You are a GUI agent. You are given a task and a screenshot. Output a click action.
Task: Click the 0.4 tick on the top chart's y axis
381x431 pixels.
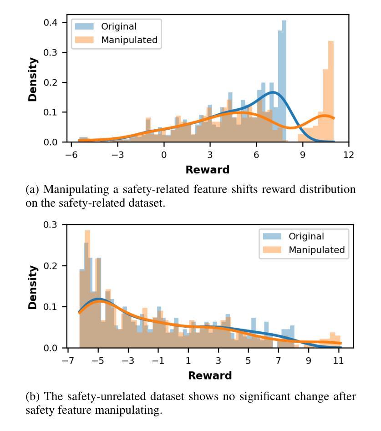(53, 22)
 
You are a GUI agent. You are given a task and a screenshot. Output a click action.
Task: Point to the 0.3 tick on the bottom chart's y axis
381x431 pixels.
(53, 224)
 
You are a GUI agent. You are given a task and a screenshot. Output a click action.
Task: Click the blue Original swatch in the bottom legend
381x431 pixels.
(271, 236)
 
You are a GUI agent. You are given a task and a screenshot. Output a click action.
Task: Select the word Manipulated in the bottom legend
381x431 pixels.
(317, 249)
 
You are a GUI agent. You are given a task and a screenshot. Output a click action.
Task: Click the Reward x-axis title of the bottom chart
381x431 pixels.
(210, 376)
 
